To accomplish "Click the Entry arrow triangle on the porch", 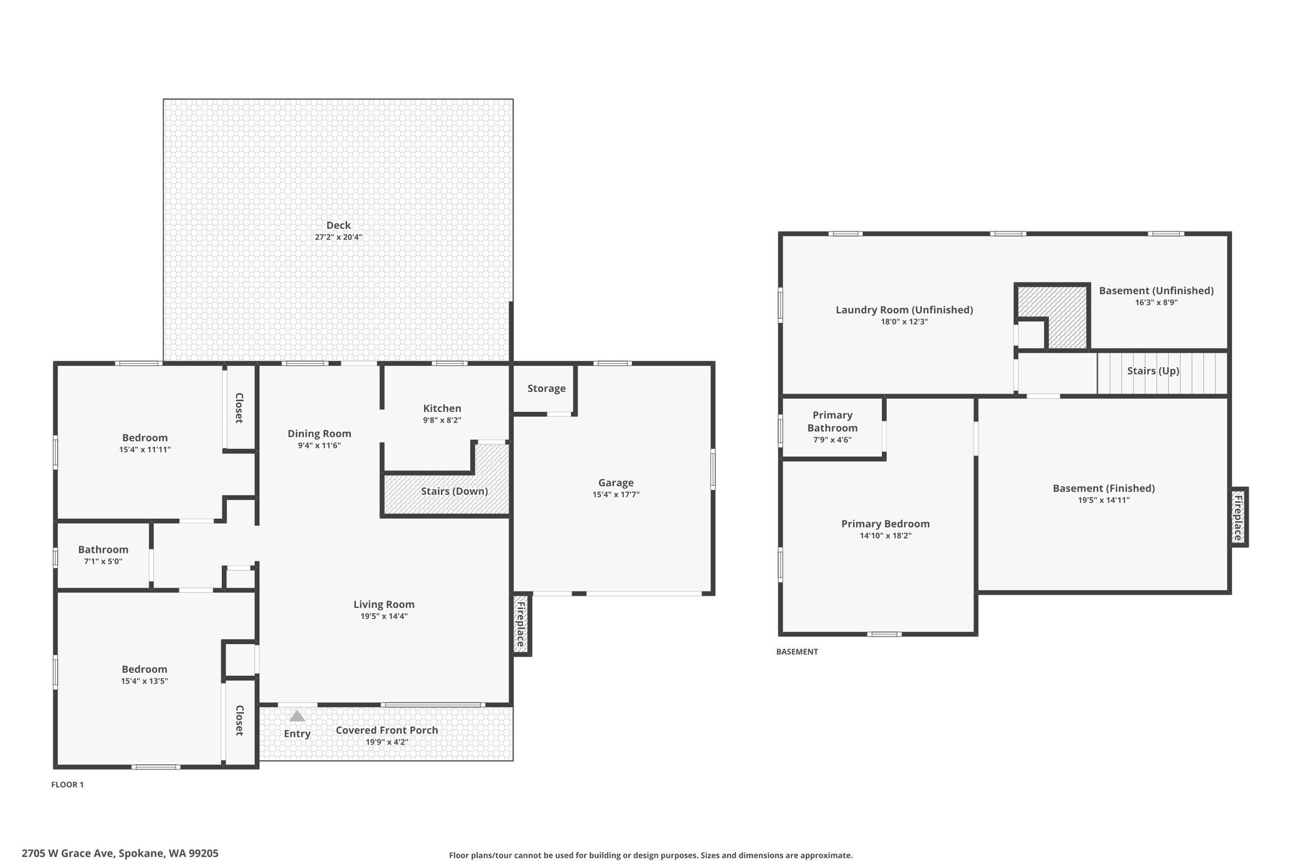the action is [297, 715].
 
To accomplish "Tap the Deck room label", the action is [338, 225].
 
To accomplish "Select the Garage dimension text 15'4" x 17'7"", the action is [616, 495].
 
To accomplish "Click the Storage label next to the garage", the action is [546, 389].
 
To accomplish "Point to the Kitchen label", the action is [442, 408].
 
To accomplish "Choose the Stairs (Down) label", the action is [455, 491].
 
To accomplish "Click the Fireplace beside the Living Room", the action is [521, 624].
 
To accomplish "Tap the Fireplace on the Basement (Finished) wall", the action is [1238, 517].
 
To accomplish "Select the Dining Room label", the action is [319, 434].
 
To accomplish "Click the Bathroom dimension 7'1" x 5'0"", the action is [103, 561].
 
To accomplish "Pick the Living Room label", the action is [384, 604].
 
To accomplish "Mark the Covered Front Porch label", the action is [387, 730].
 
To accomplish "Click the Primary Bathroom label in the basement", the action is [832, 422].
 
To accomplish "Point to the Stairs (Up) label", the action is [1153, 371].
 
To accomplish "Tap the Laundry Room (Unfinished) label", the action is [904, 310].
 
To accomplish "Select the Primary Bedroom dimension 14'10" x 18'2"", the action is [886, 536].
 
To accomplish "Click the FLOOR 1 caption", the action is [67, 785].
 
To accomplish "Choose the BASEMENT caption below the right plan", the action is [797, 652].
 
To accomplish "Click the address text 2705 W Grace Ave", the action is [67, 853].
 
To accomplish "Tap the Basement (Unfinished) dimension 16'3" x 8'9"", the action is [1156, 303].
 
